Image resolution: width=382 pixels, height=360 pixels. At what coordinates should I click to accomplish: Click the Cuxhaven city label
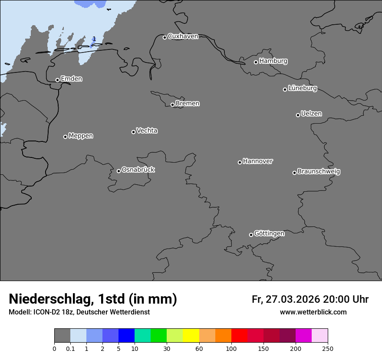click(x=183, y=36)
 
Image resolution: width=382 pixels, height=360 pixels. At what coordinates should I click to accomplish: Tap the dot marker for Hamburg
click(x=256, y=62)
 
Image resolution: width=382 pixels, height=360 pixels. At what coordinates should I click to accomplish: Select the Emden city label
click(x=71, y=79)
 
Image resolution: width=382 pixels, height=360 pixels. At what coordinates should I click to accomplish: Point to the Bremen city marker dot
click(x=172, y=105)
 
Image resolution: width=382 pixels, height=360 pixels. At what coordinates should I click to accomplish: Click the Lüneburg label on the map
click(x=302, y=88)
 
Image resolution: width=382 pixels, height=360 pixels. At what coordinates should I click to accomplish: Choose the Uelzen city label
click(x=311, y=114)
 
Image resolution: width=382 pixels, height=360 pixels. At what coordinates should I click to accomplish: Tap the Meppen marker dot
click(x=65, y=137)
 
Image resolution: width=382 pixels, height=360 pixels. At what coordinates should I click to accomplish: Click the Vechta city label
click(x=147, y=131)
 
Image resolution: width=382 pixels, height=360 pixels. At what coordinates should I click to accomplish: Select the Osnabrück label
click(x=138, y=170)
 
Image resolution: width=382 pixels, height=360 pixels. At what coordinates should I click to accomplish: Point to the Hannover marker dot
click(x=240, y=162)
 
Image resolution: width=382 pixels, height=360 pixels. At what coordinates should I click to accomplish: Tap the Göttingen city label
click(x=269, y=234)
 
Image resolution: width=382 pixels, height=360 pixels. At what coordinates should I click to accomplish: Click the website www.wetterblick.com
click(x=313, y=312)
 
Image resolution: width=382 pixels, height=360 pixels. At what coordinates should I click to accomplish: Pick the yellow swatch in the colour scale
click(x=191, y=336)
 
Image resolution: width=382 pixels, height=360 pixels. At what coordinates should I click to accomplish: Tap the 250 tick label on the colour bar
click(x=328, y=348)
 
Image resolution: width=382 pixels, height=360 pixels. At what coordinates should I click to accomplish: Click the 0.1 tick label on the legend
click(x=70, y=348)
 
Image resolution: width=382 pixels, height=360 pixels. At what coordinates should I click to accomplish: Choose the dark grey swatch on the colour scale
click(x=62, y=336)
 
